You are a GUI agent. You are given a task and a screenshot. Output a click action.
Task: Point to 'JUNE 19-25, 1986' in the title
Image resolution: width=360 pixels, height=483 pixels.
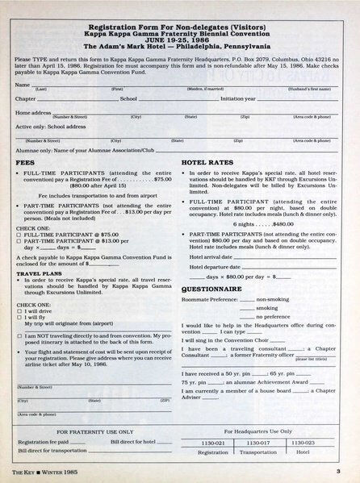[x=180, y=38]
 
